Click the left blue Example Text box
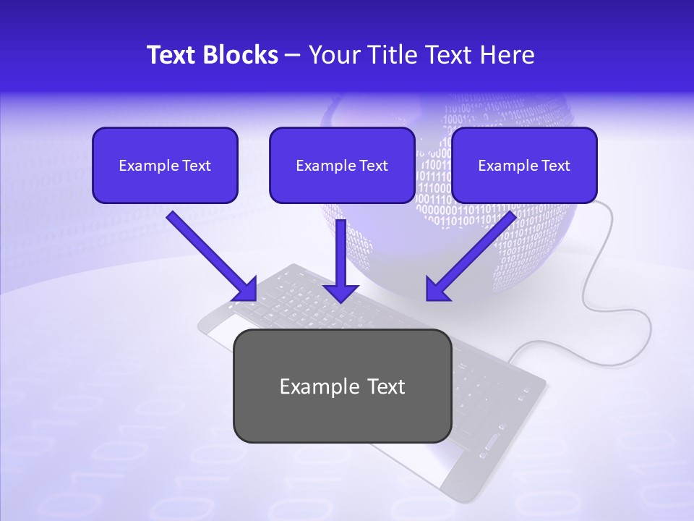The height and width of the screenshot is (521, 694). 165,166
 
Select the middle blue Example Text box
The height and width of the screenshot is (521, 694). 342,166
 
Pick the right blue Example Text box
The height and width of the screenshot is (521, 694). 524,166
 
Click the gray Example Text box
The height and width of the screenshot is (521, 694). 342,386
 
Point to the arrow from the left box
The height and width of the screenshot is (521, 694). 210,254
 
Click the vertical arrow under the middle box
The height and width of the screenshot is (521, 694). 341,253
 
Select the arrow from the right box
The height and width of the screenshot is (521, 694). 474,254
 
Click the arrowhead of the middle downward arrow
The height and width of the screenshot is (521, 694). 341,292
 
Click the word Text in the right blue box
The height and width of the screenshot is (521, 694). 555,166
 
